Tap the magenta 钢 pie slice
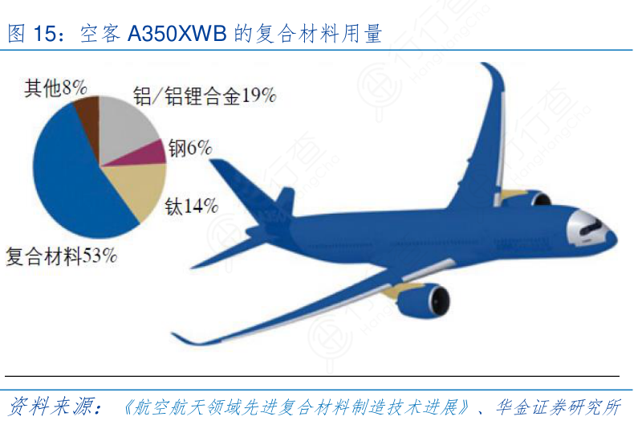(x=148, y=153)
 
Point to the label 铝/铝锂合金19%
(x=205, y=96)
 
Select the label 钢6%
(x=189, y=148)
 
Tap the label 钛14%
(x=192, y=206)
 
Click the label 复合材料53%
(x=62, y=257)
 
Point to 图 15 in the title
(x=35, y=34)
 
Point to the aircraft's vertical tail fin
(x=285, y=201)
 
